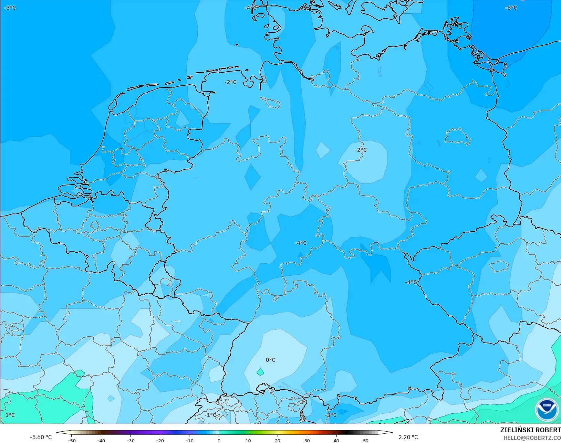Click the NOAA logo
coord(547,410)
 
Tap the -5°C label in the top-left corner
coord(10,8)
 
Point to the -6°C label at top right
coord(511,8)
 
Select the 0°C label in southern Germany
coord(270,360)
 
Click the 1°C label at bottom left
coord(10,415)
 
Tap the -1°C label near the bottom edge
coord(210,415)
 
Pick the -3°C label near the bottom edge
coord(331,415)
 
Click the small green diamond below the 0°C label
coord(260,372)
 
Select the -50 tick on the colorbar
coord(71,440)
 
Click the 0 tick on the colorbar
coord(219,440)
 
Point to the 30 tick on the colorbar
coord(307,440)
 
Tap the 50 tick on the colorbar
coord(366,440)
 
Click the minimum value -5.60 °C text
coord(41,437)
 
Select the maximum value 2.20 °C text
coord(408,437)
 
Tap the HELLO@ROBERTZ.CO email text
coord(532,437)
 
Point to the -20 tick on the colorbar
coord(160,440)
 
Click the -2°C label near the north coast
coord(230,82)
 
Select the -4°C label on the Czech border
coord(411,282)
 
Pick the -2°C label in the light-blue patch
coord(361,150)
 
